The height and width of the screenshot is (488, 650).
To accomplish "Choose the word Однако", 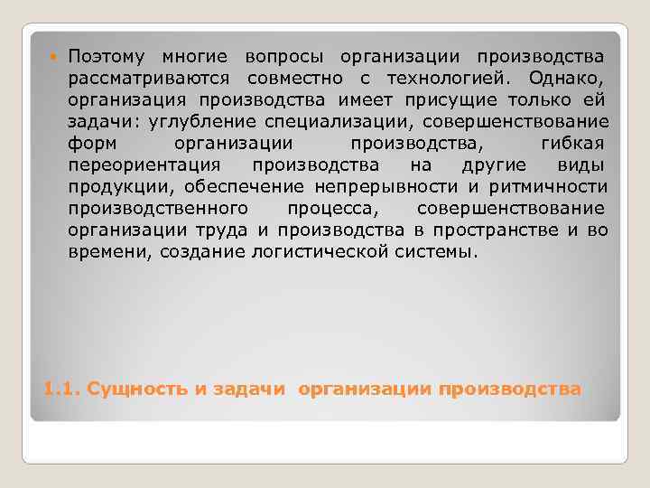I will click(570, 79).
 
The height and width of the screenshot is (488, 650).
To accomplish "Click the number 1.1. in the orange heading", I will click(60, 389).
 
